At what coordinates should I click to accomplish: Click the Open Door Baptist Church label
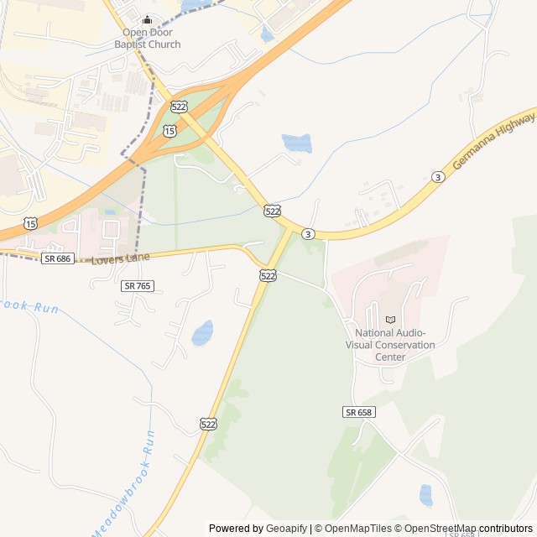(x=147, y=39)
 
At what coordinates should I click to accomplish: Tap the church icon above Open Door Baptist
(x=148, y=20)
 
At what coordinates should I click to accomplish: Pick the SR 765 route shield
(x=137, y=286)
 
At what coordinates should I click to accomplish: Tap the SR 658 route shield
(x=358, y=412)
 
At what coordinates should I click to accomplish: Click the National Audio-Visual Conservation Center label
(x=390, y=344)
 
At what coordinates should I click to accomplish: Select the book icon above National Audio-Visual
(x=389, y=320)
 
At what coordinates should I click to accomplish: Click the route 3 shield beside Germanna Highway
(x=437, y=176)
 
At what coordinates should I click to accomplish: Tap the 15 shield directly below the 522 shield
(x=170, y=131)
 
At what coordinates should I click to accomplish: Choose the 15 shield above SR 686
(x=31, y=222)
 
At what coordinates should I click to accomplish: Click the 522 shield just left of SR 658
(x=208, y=424)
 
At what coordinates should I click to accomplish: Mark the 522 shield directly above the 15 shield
(x=179, y=106)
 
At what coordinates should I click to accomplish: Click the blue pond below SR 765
(x=202, y=333)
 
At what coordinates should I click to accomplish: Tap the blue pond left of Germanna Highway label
(x=297, y=143)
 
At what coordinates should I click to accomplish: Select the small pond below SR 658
(x=426, y=495)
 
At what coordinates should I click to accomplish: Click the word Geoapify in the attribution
(x=286, y=529)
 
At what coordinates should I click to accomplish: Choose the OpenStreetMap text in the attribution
(x=436, y=529)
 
